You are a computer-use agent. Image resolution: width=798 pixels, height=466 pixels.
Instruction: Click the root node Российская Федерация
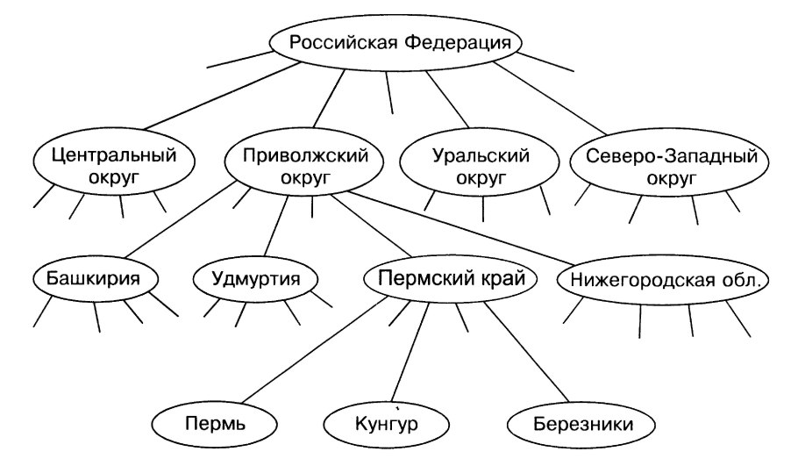point(394,42)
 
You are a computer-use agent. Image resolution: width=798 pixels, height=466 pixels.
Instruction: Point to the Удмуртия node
point(255,281)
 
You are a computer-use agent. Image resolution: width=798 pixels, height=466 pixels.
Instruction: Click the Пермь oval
point(214,426)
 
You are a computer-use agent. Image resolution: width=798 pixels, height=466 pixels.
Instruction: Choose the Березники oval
point(582,426)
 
